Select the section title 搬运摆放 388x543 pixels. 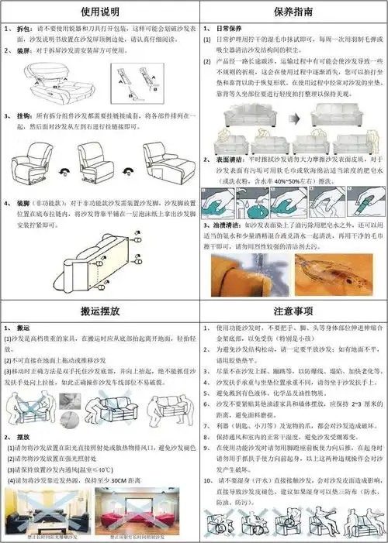point(99,311)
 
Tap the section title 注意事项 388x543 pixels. point(293,311)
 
